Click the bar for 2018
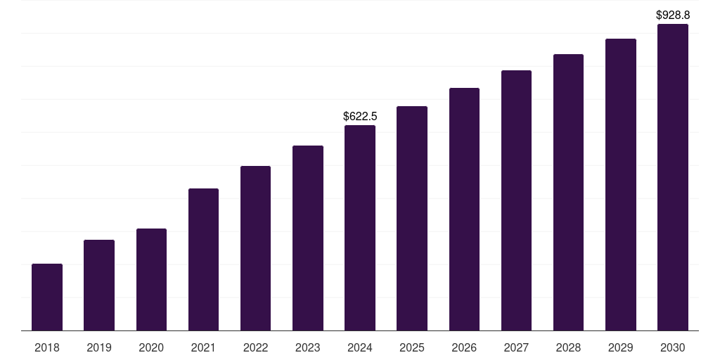click(47, 297)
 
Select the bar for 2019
click(99, 285)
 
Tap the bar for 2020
click(151, 280)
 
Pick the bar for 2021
click(203, 259)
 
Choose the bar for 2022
click(255, 248)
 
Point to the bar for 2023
click(308, 238)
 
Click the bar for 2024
click(360, 228)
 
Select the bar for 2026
click(464, 210)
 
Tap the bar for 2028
click(568, 193)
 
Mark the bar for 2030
click(673, 177)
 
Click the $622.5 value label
click(360, 116)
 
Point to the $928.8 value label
click(673, 15)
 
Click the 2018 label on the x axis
click(47, 347)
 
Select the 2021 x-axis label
click(203, 347)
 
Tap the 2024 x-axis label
click(360, 347)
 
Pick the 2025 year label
click(412, 347)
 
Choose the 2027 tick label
click(516, 347)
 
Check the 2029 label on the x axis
click(621, 347)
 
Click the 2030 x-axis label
click(673, 347)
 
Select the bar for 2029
click(621, 185)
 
